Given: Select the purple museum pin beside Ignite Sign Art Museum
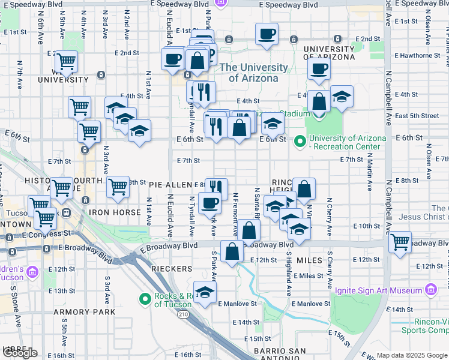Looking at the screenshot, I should point(430,290).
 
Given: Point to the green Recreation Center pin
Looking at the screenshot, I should point(300,142).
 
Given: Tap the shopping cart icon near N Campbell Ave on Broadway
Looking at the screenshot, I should point(400,242).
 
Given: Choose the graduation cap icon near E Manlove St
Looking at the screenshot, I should point(205,292).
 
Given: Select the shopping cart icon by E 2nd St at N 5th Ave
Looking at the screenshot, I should point(66,61).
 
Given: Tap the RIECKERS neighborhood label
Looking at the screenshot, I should point(172,269).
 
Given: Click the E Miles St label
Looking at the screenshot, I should point(310,275).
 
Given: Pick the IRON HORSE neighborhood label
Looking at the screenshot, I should point(113,212).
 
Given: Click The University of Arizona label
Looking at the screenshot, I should point(249,73).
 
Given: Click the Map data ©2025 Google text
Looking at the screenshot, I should point(411,355).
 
